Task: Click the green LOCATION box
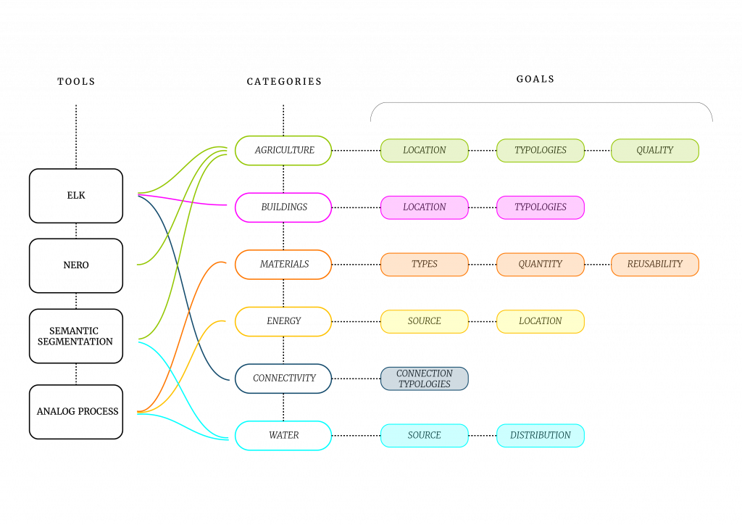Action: (x=425, y=151)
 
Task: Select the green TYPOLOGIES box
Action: (x=541, y=151)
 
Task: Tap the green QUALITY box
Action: (x=655, y=151)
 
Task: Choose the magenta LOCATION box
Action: (x=425, y=207)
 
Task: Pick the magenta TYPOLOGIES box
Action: (x=541, y=207)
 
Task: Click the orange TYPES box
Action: (x=425, y=265)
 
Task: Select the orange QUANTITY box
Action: (x=541, y=265)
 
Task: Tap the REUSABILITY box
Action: (x=655, y=265)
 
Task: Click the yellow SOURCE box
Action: (x=425, y=321)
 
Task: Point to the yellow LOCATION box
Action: (x=541, y=321)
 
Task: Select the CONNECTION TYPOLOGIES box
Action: (x=425, y=379)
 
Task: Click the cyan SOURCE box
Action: (x=425, y=436)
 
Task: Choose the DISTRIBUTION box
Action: (x=541, y=436)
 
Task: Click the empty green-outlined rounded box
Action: (x=283, y=150)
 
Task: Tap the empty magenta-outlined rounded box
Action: (x=283, y=207)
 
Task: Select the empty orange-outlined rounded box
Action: (x=283, y=265)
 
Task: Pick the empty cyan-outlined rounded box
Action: (x=283, y=436)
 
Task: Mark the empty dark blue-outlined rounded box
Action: (x=283, y=379)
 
